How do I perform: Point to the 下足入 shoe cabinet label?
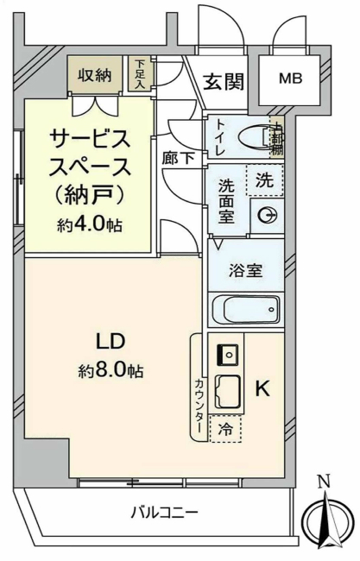(138, 73)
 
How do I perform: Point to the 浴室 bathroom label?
(245, 268)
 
